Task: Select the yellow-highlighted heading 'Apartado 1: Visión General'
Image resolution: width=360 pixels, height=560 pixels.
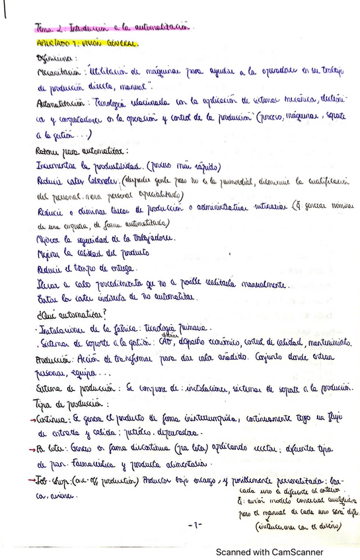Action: point(88,43)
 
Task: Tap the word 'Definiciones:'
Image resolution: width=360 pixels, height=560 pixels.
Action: point(57,58)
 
